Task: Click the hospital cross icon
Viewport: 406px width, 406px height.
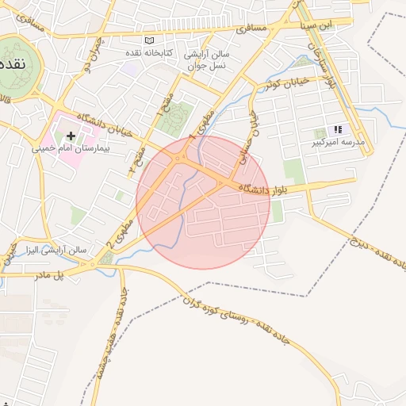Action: [x=71, y=136]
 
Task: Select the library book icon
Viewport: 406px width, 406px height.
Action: [x=149, y=40]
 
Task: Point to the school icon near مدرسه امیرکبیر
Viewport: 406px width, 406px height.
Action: [x=337, y=129]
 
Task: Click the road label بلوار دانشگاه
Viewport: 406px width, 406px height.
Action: [x=277, y=188]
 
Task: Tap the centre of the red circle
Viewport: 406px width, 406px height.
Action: [x=203, y=201]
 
